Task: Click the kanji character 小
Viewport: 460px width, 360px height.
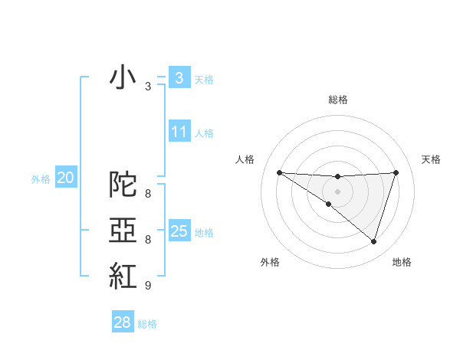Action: pos(123,77)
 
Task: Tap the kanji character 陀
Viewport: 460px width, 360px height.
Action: pos(123,184)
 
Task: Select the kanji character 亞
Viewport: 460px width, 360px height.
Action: pos(123,230)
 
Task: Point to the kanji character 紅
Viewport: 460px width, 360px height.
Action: pos(123,276)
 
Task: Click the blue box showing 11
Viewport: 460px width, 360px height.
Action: pos(179,132)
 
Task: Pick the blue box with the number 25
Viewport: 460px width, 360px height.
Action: pos(179,231)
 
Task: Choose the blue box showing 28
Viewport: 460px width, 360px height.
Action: pos(122,322)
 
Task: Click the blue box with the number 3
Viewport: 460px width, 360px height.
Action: pos(179,77)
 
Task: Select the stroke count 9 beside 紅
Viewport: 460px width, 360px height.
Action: pos(147,286)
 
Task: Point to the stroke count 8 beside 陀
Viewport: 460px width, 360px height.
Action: pos(147,194)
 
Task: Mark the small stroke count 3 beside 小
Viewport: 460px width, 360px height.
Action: pos(147,87)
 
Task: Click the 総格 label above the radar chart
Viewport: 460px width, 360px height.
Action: pos(337,100)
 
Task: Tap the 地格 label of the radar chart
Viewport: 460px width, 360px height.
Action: pos(402,263)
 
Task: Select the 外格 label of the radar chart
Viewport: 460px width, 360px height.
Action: pos(270,263)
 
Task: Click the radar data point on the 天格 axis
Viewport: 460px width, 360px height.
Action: pos(396,172)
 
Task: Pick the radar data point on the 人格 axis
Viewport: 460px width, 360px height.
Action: pos(279,172)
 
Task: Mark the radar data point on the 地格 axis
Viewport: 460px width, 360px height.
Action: pos(373,241)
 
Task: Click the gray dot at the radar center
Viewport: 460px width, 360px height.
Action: pos(337,191)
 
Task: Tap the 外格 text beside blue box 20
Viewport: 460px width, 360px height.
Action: pos(41,179)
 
